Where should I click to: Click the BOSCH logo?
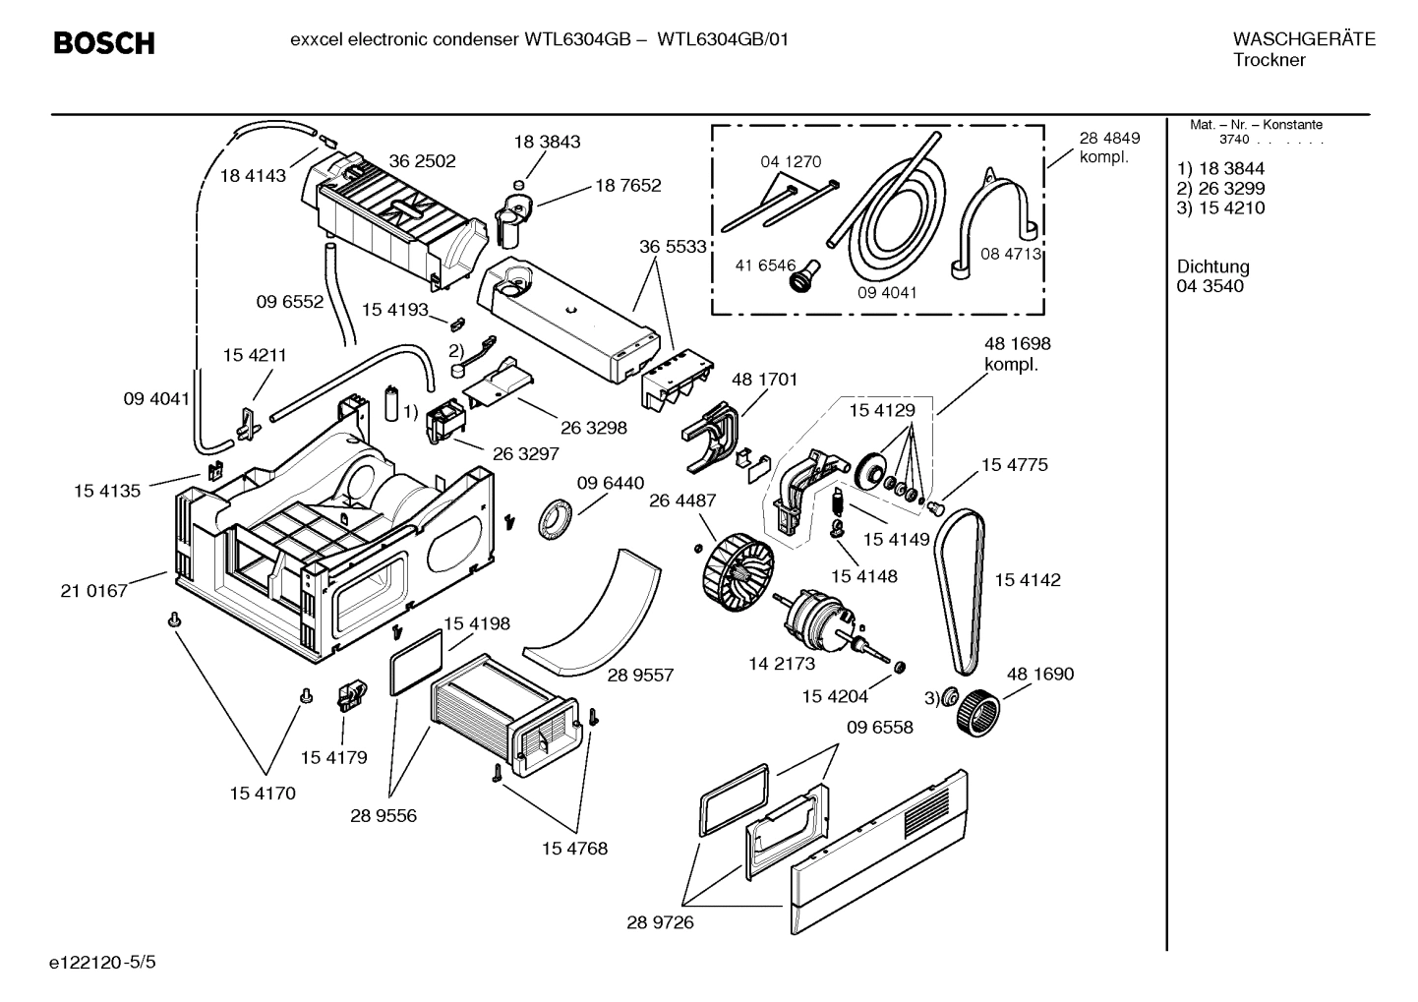click(x=103, y=43)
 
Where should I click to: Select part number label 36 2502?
click(x=422, y=160)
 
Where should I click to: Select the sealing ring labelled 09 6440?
click(x=557, y=518)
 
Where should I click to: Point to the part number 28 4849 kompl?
click(x=1109, y=147)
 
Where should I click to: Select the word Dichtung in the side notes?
click(x=1212, y=266)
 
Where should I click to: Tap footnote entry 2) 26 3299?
click(x=1220, y=188)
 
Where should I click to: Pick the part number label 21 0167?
click(x=93, y=590)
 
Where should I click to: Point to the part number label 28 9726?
click(x=660, y=922)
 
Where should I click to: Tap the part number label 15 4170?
click(x=262, y=793)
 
